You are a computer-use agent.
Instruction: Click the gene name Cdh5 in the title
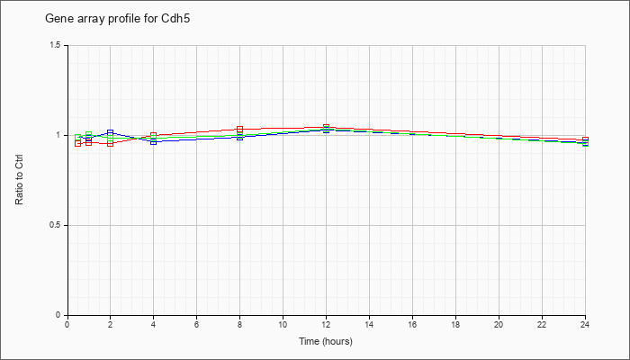(x=178, y=19)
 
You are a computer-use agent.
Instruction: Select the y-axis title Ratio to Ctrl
(x=19, y=180)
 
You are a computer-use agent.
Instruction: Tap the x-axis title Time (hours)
(x=326, y=341)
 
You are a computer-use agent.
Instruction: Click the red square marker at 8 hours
(x=240, y=129)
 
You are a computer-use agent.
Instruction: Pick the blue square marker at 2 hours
(x=110, y=132)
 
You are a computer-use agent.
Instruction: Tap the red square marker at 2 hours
(x=110, y=143)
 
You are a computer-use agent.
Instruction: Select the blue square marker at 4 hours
(x=154, y=142)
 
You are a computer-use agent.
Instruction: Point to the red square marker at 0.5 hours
(x=78, y=143)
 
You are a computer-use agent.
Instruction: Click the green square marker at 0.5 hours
(x=78, y=138)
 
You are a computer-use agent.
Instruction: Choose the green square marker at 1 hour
(x=89, y=134)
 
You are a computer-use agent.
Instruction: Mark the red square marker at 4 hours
(x=154, y=135)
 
